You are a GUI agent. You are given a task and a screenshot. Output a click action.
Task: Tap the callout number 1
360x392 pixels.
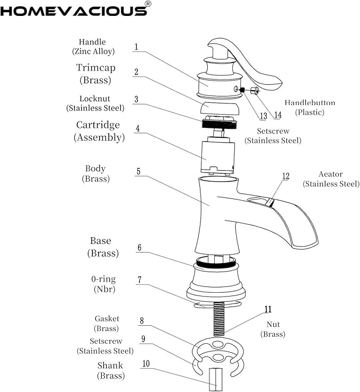[x=136, y=47]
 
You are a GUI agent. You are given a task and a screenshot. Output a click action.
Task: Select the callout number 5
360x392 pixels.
[x=138, y=171]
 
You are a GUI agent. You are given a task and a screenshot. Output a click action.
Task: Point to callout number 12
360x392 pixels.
[x=286, y=176]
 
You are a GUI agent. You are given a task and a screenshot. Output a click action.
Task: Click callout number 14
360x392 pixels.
[x=278, y=115]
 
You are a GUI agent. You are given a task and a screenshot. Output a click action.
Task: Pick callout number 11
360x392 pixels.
[x=268, y=309]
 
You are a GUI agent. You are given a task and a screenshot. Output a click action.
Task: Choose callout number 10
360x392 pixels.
[x=146, y=363]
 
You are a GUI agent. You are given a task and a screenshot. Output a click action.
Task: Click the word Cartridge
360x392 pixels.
[x=98, y=125]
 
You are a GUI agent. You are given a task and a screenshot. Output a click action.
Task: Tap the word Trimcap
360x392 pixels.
[x=95, y=67]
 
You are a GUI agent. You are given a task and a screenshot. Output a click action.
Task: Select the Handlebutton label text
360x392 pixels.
[x=310, y=102]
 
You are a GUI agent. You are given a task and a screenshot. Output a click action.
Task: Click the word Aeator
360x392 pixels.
[x=330, y=174]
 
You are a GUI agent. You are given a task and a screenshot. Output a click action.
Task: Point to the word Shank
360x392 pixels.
[x=110, y=365]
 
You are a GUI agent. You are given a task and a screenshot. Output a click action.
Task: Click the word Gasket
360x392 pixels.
[x=107, y=318]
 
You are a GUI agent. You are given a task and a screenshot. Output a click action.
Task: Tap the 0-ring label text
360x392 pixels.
[x=103, y=279]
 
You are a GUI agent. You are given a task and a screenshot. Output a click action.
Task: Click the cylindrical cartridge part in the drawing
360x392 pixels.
[x=217, y=155]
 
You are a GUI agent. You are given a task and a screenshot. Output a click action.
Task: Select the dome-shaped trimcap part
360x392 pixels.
[x=219, y=108]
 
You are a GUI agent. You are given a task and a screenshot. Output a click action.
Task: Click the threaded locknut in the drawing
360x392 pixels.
[x=219, y=122]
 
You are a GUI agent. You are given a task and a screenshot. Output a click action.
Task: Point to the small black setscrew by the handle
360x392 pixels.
[x=242, y=90]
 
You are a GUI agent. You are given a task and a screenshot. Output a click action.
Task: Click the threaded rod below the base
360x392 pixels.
[x=219, y=319]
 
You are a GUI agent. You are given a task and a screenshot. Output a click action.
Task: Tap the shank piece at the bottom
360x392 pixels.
[x=216, y=379]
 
